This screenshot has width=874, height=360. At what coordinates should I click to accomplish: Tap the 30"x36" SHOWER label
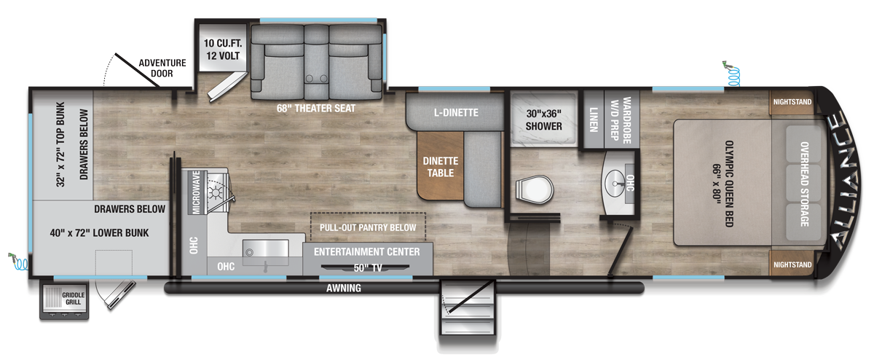point(544,120)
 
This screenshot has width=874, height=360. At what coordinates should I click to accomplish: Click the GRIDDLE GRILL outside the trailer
point(64,299)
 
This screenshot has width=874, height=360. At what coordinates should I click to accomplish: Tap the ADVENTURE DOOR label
point(162,68)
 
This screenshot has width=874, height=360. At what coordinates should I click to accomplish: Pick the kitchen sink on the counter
point(263,252)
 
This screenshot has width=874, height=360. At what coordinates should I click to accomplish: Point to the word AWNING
point(345,289)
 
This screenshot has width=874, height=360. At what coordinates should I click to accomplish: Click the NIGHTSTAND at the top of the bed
point(792,103)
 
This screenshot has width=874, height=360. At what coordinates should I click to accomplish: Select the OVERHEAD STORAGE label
point(804,183)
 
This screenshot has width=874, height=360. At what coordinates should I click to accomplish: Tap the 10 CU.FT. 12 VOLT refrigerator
point(216,50)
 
